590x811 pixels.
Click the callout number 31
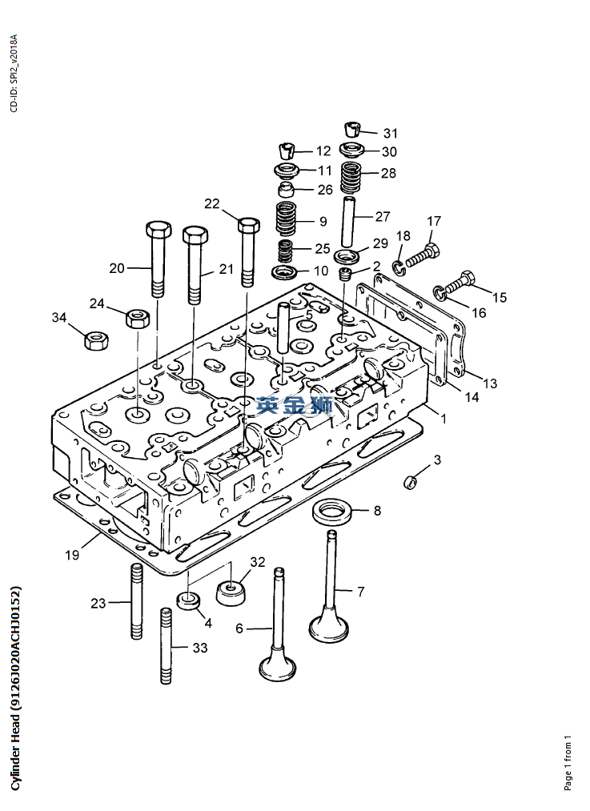tap(391, 134)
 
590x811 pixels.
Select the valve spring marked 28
tap(351, 176)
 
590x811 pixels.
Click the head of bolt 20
tap(158, 230)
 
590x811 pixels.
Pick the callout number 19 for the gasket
tap(72, 555)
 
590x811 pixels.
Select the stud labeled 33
tap(166, 646)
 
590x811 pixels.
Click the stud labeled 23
tap(137, 601)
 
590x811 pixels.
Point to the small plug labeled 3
tap(410, 482)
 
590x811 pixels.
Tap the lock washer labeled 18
tap(399, 268)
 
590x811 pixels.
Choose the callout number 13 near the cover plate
tap(490, 383)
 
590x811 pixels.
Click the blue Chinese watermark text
tap(295, 406)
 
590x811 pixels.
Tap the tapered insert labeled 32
tap(230, 594)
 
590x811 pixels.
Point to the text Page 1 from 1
tap(568, 762)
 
